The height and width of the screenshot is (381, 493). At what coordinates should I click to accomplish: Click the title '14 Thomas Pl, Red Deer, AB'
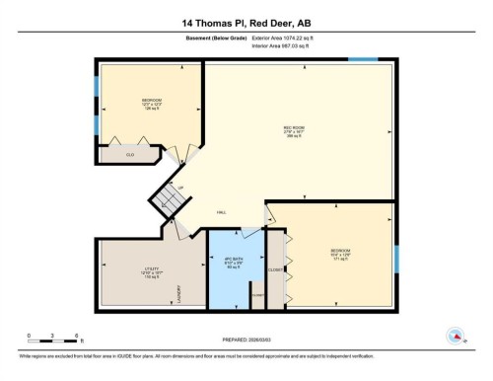click(x=246, y=21)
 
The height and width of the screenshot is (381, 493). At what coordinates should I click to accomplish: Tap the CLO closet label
click(x=129, y=155)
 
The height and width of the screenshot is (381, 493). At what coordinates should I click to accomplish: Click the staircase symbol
click(x=165, y=202)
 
